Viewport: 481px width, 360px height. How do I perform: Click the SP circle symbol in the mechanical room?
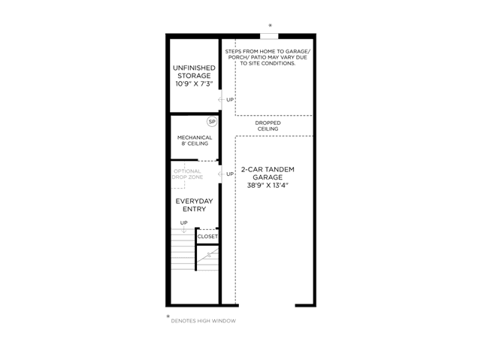click(212, 122)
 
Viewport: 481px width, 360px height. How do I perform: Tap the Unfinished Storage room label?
click(194, 71)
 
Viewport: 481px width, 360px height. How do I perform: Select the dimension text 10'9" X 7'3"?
click(194, 84)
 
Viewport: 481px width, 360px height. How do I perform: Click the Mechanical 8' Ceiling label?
click(195, 141)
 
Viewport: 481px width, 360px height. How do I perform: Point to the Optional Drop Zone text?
click(187, 174)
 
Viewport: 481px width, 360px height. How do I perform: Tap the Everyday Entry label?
click(194, 205)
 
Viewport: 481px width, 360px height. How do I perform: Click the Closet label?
click(207, 237)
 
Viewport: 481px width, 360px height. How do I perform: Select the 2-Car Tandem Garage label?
click(268, 174)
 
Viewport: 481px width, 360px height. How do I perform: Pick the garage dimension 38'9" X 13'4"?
click(268, 185)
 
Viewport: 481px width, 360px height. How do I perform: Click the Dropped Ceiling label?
click(268, 126)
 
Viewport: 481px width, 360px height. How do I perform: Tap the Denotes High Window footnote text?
click(204, 321)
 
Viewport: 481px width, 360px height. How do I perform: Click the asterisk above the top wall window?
click(271, 26)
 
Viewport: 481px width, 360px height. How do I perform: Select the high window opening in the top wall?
click(269, 36)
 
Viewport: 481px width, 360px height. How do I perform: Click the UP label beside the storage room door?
click(230, 100)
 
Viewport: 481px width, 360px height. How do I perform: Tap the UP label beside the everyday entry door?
click(230, 174)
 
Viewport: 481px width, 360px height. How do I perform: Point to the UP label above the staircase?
click(183, 222)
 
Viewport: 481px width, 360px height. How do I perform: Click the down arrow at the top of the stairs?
click(183, 229)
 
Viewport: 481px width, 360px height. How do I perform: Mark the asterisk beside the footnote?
click(168, 316)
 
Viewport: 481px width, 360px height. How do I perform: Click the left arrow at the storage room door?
click(222, 100)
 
